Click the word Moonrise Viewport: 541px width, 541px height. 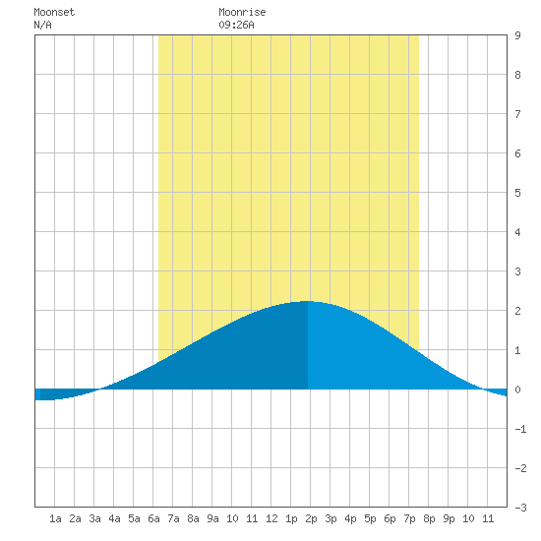[x=242, y=12]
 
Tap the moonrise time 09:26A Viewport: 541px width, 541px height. [x=236, y=25]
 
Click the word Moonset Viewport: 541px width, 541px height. [x=54, y=12]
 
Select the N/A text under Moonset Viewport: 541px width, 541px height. [x=42, y=25]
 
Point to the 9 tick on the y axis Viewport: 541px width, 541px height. [x=517, y=35]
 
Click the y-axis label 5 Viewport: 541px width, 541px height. [x=517, y=193]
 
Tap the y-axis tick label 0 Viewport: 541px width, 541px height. [x=517, y=390]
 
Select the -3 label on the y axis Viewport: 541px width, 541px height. [x=520, y=508]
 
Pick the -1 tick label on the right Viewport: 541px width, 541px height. [x=520, y=429]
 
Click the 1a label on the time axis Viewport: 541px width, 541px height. [x=55, y=518]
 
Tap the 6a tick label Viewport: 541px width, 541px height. [x=153, y=518]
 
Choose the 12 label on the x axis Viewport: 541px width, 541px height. [x=271, y=518]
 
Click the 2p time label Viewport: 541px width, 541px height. [x=311, y=518]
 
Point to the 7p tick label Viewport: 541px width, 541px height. [x=409, y=518]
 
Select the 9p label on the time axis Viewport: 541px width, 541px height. [x=449, y=518]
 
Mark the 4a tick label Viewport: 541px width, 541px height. [x=114, y=518]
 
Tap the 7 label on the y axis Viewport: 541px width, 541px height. [x=517, y=114]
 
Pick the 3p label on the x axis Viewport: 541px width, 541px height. [x=331, y=518]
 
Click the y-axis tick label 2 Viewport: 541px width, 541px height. [x=517, y=311]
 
